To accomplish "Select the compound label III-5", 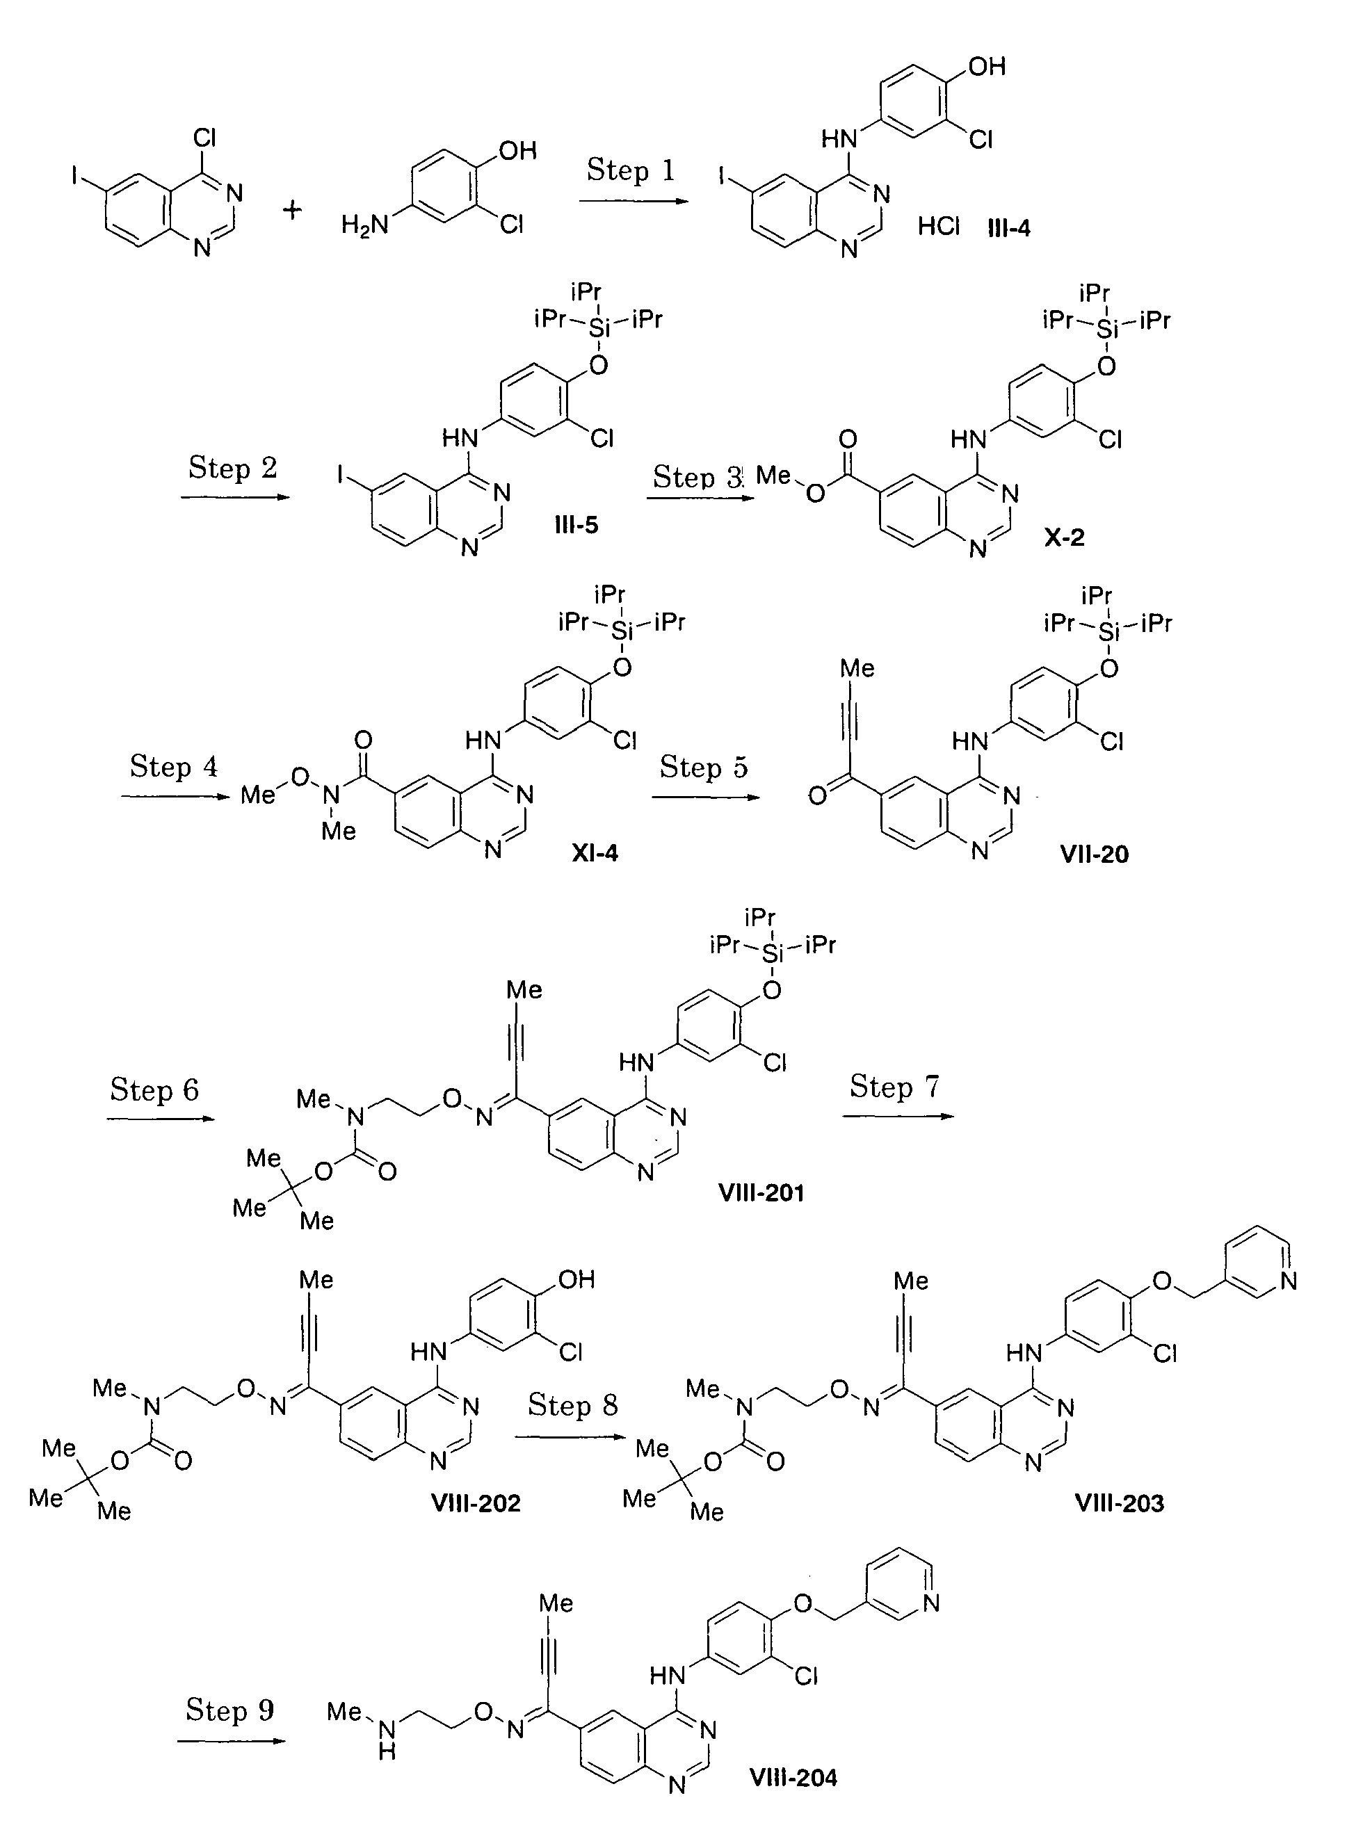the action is pos(576,525).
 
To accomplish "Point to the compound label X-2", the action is pos(1064,537).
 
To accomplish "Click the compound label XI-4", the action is pos(595,853).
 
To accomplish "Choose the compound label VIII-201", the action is pos(761,1193).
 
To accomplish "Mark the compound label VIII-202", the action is pos(476,1502).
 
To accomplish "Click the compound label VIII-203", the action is pos(1120,1502).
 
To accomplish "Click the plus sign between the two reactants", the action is pos(292,211).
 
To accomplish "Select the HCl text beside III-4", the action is pos(939,227).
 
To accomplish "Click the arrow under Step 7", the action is pos(898,1115).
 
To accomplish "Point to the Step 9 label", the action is pos(230,1709).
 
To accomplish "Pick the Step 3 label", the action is pos(699,477).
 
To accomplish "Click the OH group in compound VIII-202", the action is pos(576,1279).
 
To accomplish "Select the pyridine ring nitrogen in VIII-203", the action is pos(1289,1281).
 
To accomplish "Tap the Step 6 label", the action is pos(155,1089).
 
